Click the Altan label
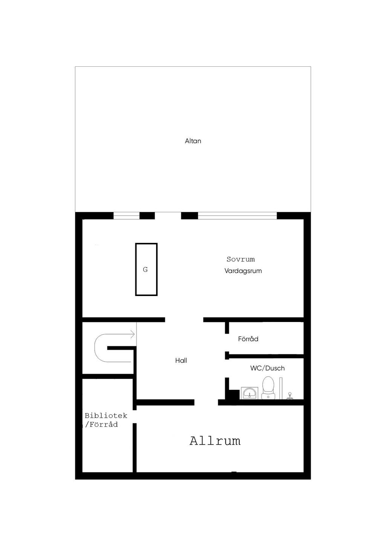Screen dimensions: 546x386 tap(193, 141)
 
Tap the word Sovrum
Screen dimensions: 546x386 tap(240, 259)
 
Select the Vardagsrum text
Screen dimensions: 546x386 tap(243, 271)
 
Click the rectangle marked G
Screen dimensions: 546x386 tap(146, 269)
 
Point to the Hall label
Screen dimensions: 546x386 tap(181, 360)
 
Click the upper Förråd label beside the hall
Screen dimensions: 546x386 tap(248, 339)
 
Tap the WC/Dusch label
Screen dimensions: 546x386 tap(267, 368)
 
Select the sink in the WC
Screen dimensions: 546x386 tap(250, 393)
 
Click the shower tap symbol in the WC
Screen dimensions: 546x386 tap(290, 396)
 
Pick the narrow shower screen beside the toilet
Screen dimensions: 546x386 tap(281, 388)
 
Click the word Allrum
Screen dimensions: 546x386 tap(215, 441)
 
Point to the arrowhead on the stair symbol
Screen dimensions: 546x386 tap(132, 334)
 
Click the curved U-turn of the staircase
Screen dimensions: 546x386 tap(99, 348)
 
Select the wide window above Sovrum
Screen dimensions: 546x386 tap(237, 216)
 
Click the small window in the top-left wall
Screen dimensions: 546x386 tap(126, 216)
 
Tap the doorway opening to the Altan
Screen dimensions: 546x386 tap(168, 216)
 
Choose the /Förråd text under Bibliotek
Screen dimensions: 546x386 tap(102, 425)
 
